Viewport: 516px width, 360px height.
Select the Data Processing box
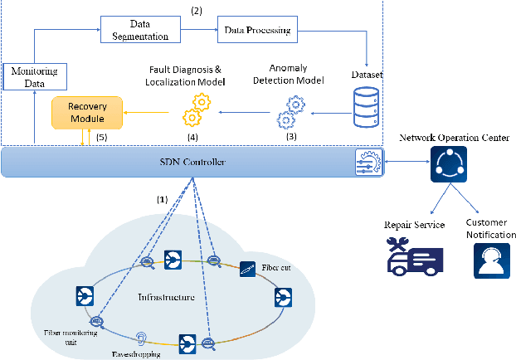click(x=257, y=32)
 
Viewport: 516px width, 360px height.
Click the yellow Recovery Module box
click(x=87, y=114)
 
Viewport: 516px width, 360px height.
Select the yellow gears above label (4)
click(x=198, y=108)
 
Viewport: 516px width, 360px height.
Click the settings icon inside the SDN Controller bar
click(x=367, y=160)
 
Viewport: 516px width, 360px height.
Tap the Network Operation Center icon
click(x=447, y=166)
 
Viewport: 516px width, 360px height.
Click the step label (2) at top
click(x=197, y=11)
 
